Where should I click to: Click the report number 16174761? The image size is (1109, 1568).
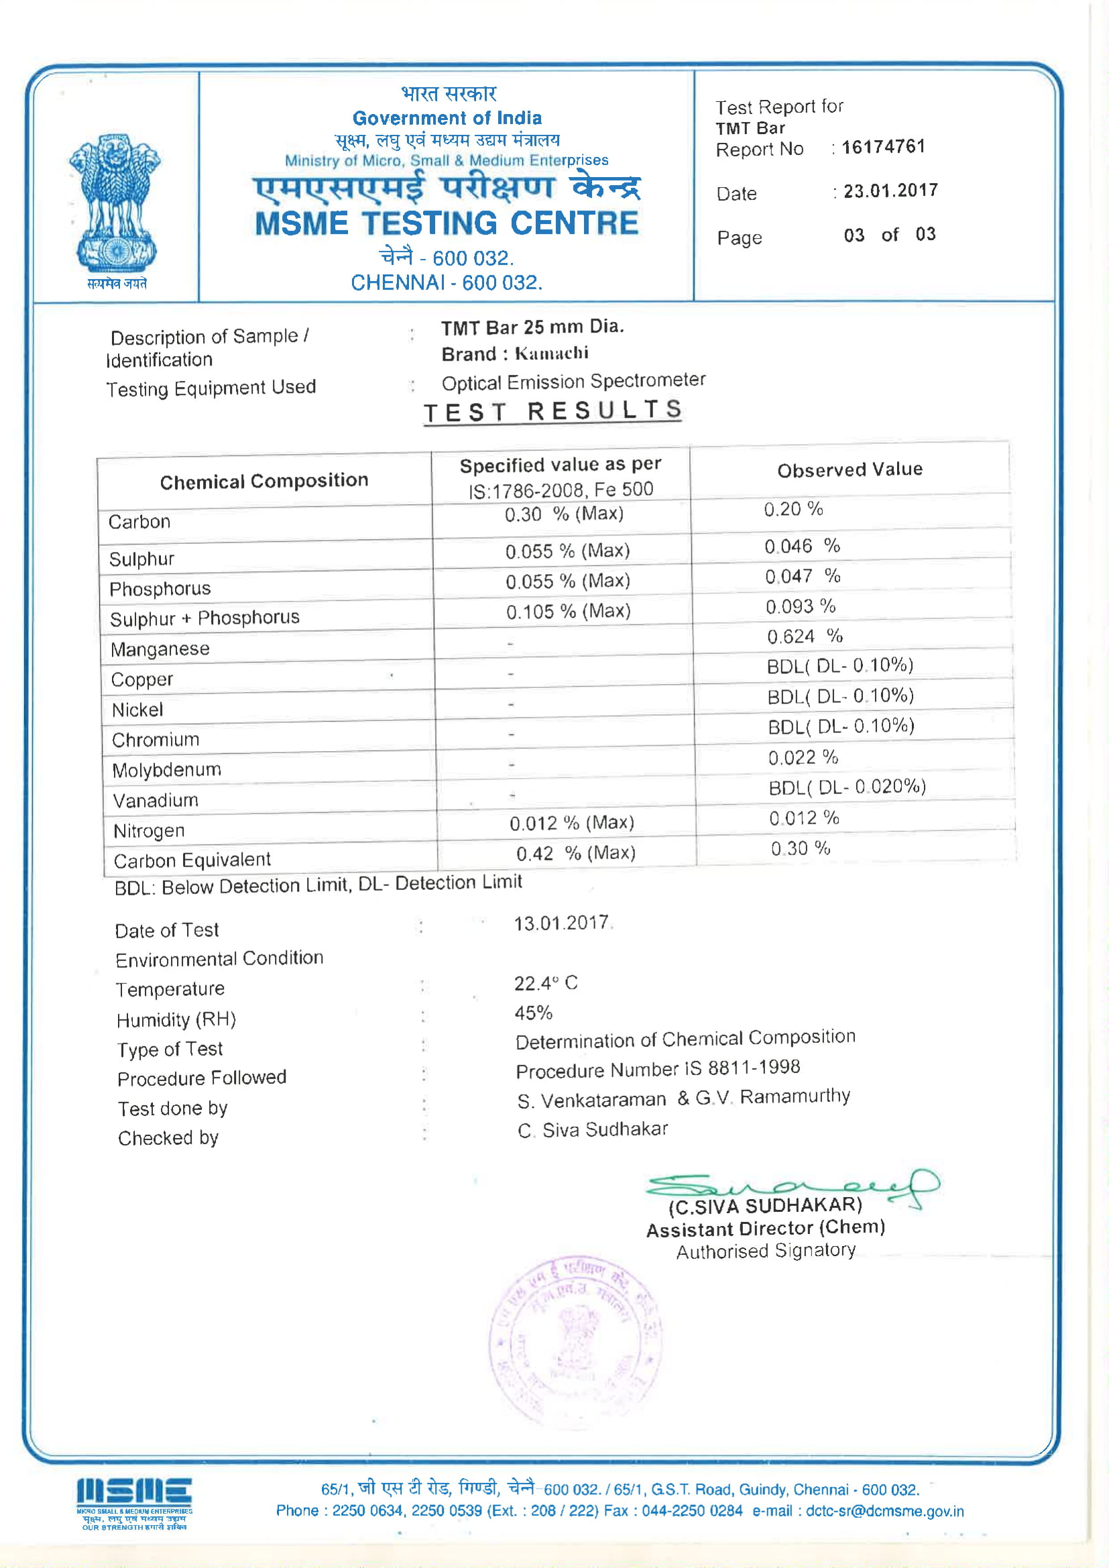[883, 147]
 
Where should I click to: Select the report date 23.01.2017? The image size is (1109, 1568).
[890, 190]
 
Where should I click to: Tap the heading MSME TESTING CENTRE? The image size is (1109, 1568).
[447, 223]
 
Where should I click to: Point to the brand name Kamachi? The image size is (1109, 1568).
[551, 353]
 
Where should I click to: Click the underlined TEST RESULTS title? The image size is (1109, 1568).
[552, 411]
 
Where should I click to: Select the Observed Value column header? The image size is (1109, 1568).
[850, 470]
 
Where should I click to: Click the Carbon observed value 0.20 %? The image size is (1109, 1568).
[793, 509]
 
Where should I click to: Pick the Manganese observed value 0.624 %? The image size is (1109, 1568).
[805, 636]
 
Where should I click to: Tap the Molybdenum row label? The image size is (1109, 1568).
[167, 771]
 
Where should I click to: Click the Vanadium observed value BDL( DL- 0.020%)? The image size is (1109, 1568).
[847, 787]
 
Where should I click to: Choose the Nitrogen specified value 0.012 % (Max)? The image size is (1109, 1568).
[571, 823]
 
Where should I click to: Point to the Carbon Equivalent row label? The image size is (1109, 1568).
[192, 860]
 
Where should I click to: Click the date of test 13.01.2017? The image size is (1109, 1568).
[561, 923]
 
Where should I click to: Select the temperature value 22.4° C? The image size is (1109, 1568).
[546, 983]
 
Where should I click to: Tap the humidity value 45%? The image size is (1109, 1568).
[533, 1013]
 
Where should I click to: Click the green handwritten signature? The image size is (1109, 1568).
[792, 1186]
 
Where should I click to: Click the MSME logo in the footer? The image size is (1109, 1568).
[134, 1503]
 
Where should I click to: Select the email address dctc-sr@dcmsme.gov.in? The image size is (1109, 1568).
[884, 1511]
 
